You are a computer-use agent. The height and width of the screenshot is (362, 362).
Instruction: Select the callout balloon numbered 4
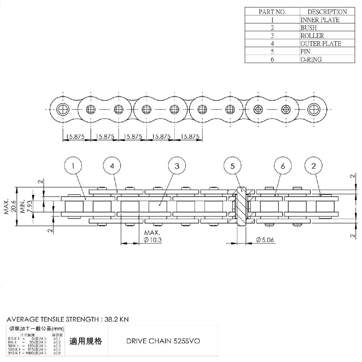point(112,166)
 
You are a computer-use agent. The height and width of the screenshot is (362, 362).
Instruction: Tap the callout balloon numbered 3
point(177,166)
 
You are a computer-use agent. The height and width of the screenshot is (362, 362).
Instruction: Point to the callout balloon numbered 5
point(233,166)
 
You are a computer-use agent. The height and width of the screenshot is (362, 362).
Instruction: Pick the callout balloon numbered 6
point(283,166)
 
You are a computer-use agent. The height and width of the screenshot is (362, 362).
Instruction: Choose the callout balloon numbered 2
point(313,166)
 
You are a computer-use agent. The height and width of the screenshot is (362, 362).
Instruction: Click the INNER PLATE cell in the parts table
point(320,20)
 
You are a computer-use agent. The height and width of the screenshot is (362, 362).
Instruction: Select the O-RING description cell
point(311,59)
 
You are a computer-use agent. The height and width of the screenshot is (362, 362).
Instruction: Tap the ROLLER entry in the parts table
point(312,36)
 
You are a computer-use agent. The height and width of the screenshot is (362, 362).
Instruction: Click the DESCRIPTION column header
point(327,12)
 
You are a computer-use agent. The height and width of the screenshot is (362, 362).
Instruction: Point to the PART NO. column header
point(272,12)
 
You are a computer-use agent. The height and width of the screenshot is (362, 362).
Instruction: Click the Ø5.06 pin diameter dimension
point(265,240)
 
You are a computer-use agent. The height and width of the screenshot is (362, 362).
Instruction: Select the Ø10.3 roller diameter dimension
point(153,240)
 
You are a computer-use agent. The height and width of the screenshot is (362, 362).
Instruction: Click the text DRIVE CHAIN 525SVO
point(163,341)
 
